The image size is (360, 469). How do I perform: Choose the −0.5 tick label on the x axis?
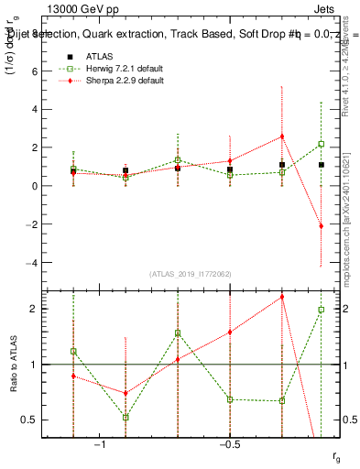[229, 444]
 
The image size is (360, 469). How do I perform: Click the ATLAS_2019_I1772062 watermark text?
[191, 275]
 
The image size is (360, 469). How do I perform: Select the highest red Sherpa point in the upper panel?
[282, 136]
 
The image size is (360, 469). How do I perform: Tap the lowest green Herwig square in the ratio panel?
[125, 417]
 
